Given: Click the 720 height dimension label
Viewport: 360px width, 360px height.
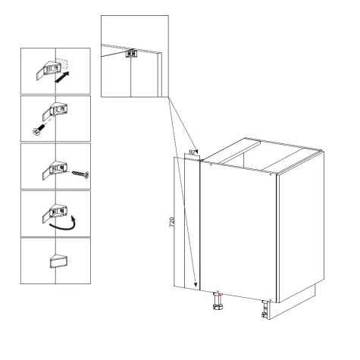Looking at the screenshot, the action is tap(172, 222).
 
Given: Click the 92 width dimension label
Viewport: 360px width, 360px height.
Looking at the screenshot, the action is tap(192, 152).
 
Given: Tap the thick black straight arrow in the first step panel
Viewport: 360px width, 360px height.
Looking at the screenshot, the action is tap(62, 77).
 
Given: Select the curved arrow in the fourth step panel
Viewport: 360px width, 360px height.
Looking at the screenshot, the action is tap(64, 224).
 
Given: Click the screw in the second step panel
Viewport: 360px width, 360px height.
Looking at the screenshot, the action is tap(39, 129).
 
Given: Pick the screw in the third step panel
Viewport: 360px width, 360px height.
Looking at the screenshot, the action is tap(80, 174).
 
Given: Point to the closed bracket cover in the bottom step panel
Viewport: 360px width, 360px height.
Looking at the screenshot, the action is tap(58, 261).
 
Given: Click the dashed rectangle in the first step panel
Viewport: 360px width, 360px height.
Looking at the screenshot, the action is tap(61, 64).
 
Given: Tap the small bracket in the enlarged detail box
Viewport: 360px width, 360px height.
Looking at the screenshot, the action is tap(131, 54).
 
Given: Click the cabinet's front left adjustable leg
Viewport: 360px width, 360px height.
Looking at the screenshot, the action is tap(218, 301).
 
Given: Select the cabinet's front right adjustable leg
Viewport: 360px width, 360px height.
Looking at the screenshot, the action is tap(265, 310).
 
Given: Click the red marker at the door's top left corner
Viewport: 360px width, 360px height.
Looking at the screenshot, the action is tap(211, 164).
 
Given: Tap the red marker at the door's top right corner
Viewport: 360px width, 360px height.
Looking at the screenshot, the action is tap(271, 174).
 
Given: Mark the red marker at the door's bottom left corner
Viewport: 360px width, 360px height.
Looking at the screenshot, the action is tap(218, 292).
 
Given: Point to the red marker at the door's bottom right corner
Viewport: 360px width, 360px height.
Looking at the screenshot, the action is tap(271, 300).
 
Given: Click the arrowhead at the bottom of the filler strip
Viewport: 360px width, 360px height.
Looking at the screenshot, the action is tap(195, 284).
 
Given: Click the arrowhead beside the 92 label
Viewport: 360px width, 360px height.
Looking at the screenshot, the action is tap(196, 152).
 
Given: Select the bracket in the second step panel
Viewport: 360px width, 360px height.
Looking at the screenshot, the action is tap(55, 112).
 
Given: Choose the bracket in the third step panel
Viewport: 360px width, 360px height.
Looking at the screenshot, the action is tap(55, 170).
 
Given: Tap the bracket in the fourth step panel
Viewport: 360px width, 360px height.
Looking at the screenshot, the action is tap(55, 214).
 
